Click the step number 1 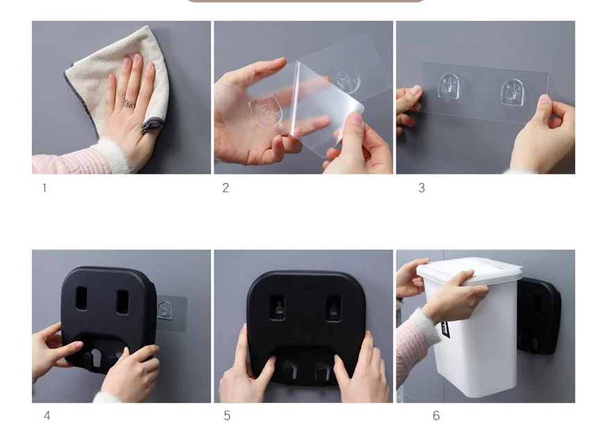pos(44,188)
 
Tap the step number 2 pos(225,188)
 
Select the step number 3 pos(422,188)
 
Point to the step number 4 pos(46,415)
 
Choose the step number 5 pos(228,415)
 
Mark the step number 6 pos(436,415)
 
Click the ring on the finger pos(129,103)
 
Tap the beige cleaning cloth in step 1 pos(114,80)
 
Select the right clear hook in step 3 pos(513,92)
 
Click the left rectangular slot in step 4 pos(82,298)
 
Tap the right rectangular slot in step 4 pos(123,302)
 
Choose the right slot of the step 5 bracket pos(333,309)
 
